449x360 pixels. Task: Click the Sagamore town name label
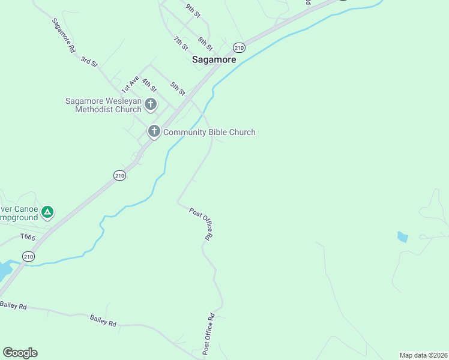click(214, 59)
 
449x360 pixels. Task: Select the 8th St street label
click(206, 43)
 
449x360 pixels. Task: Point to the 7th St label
click(181, 43)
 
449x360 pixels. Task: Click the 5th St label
click(178, 89)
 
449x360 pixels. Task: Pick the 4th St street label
click(149, 84)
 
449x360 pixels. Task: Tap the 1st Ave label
click(130, 84)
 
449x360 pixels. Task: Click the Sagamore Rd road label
click(63, 36)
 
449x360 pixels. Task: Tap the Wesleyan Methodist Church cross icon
click(150, 105)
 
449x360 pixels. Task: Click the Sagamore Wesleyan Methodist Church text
click(103, 106)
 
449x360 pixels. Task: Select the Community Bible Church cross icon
click(154, 131)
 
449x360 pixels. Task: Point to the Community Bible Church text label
click(209, 132)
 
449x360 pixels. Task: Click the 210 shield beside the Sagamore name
click(239, 47)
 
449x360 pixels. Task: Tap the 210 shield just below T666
click(28, 256)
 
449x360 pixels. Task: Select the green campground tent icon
click(47, 212)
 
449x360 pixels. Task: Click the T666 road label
click(28, 238)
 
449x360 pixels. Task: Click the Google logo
click(20, 353)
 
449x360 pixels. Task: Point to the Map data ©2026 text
click(423, 355)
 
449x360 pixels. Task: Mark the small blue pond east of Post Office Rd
click(402, 237)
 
